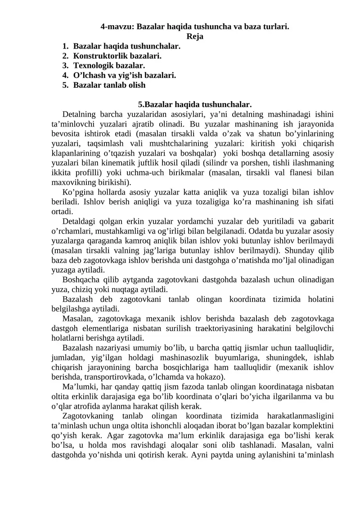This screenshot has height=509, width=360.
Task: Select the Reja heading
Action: click(x=194, y=36)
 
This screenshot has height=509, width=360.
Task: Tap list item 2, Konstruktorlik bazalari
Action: click(x=117, y=56)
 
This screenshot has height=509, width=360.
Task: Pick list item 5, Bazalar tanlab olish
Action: click(x=109, y=85)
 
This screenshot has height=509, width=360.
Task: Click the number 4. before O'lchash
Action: click(x=66, y=75)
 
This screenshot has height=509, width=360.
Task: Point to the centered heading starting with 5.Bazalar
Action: click(x=194, y=104)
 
